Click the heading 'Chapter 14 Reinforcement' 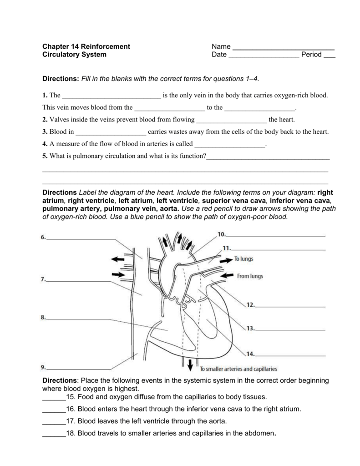coord(86,46)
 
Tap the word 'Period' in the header coord(312,55)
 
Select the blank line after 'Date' coord(264,57)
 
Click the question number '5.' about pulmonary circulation coord(45,156)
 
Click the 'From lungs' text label coord(249,276)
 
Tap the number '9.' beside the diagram coord(43,367)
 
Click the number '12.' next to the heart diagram coord(251,306)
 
